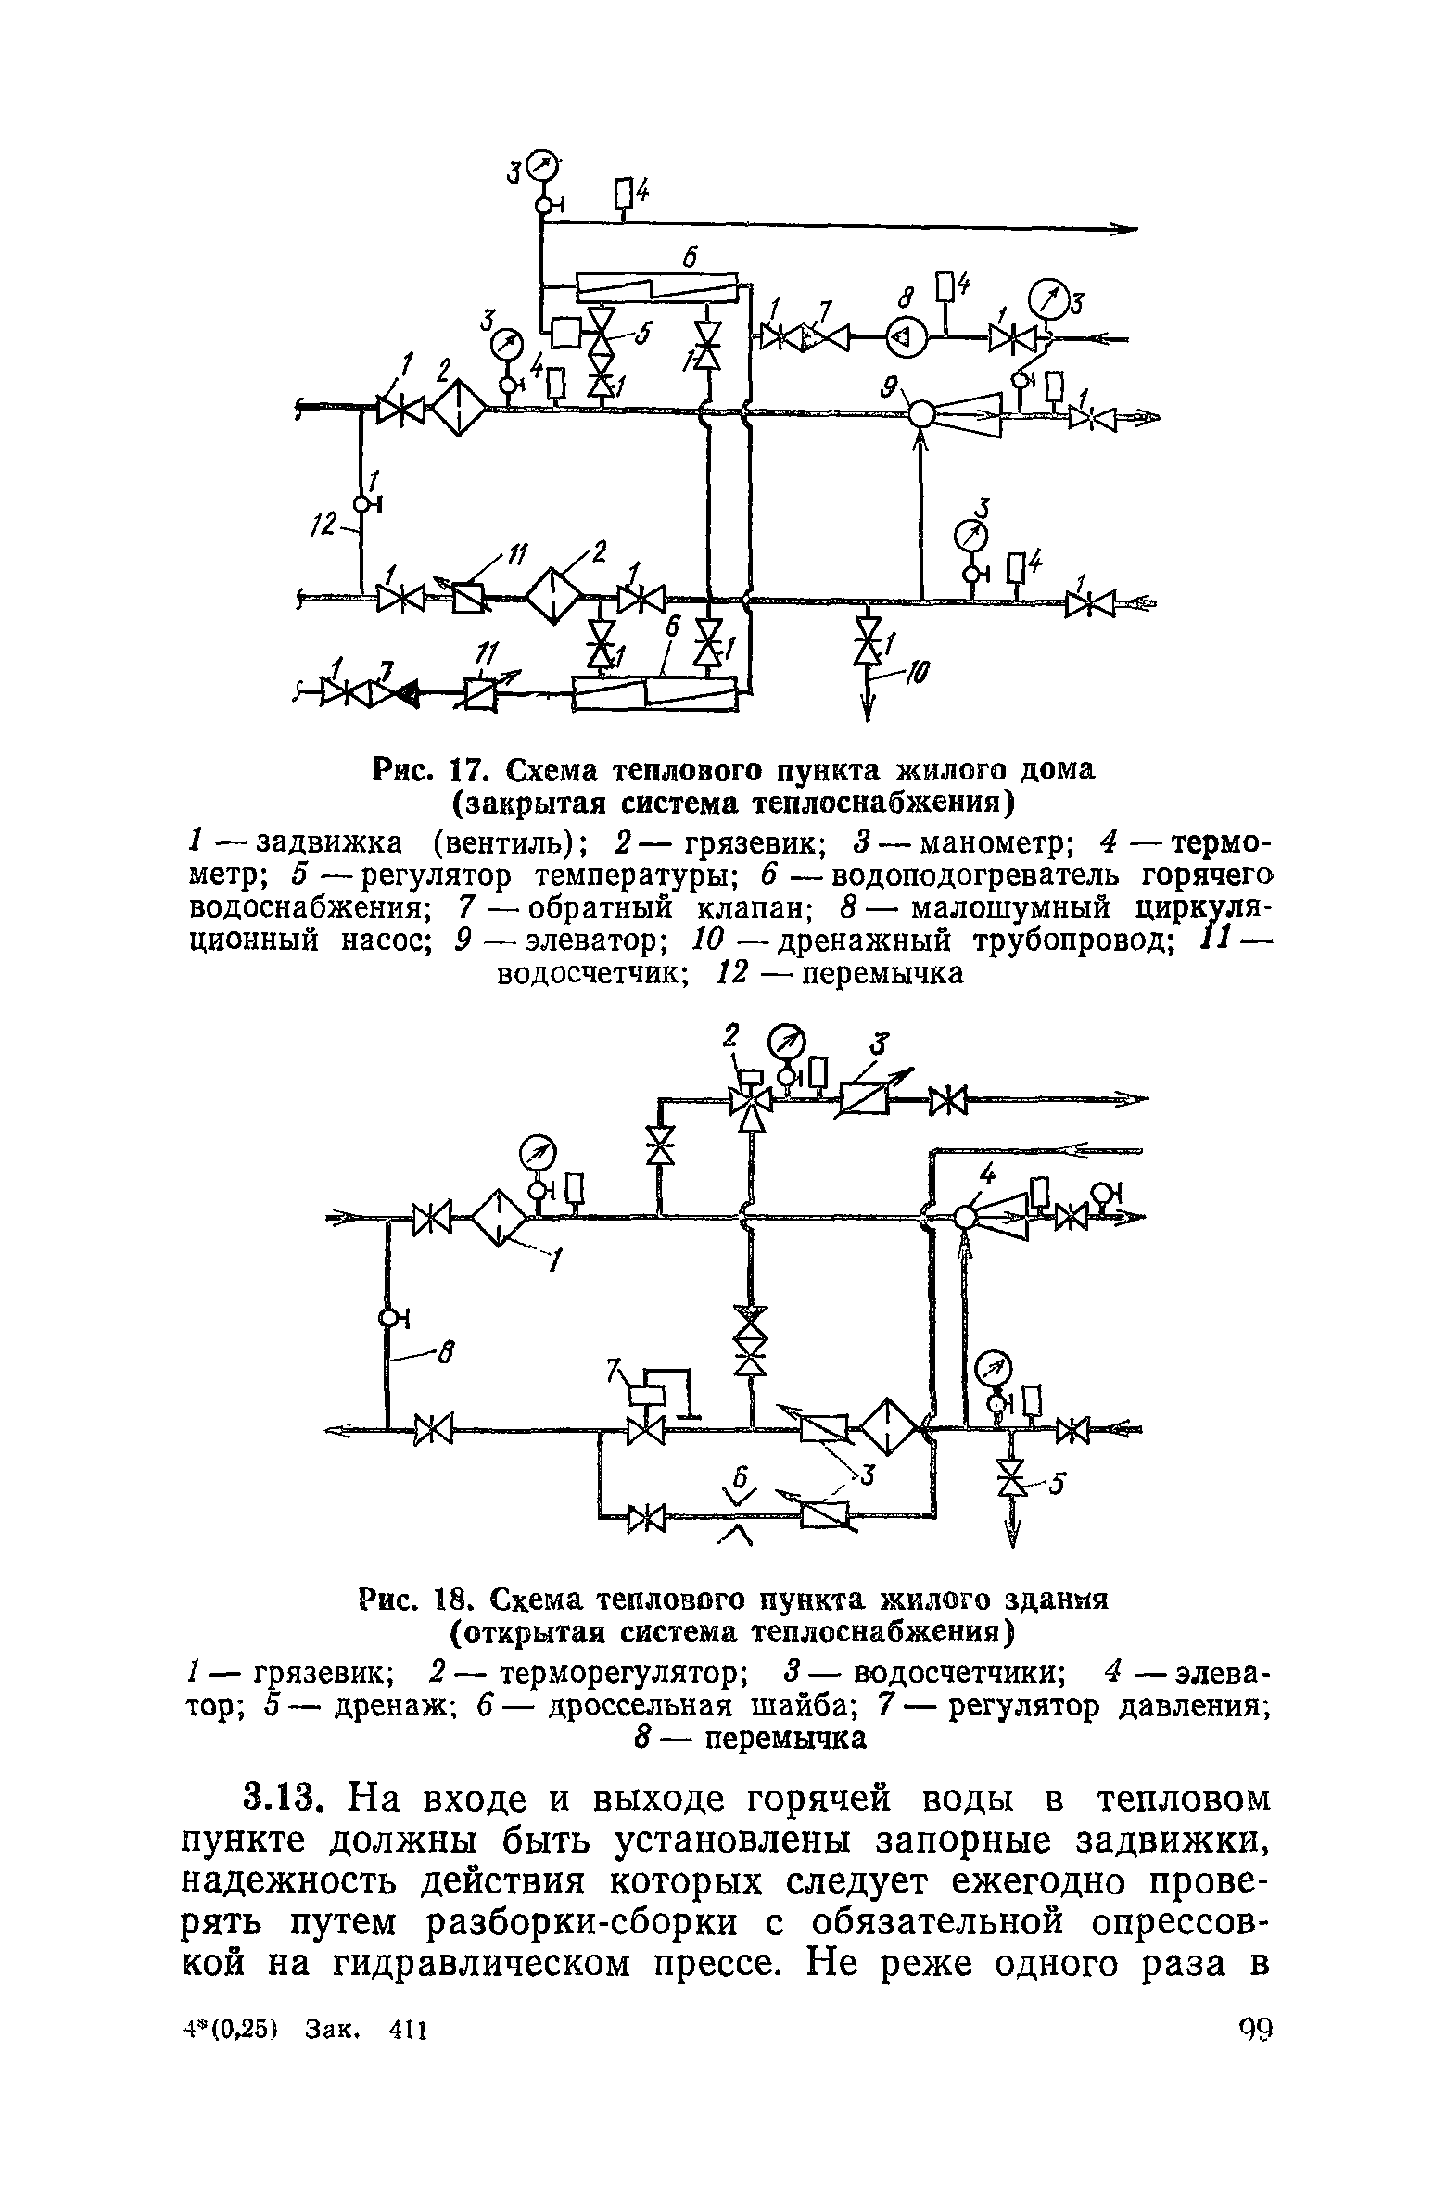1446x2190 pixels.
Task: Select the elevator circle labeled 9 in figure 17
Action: coord(921,412)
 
